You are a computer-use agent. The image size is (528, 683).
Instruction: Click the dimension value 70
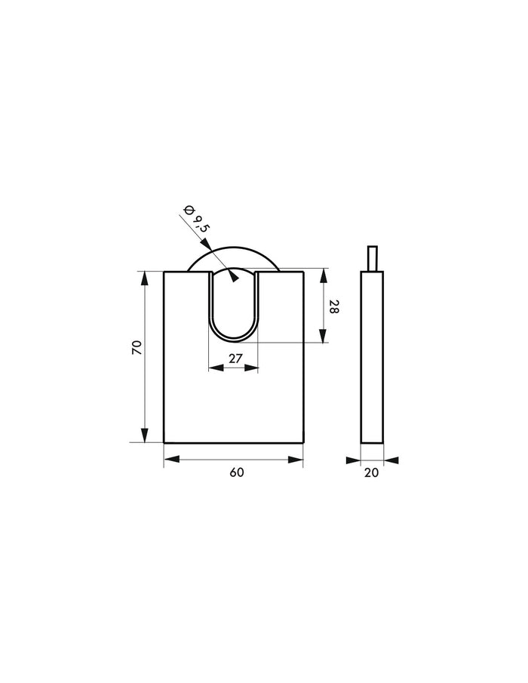point(137,347)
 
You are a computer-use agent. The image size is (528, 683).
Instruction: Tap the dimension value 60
point(236,472)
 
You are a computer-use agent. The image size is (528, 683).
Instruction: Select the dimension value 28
point(334,306)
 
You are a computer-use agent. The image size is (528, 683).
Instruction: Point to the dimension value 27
point(235,358)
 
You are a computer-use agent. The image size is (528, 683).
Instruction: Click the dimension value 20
point(371,472)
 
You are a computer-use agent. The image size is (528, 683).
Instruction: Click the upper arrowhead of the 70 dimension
point(145,278)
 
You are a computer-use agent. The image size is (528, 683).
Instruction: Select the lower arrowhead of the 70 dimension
point(145,435)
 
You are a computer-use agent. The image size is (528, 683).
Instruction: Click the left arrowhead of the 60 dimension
point(171,459)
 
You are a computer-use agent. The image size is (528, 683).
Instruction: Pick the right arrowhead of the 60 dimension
point(296,459)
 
